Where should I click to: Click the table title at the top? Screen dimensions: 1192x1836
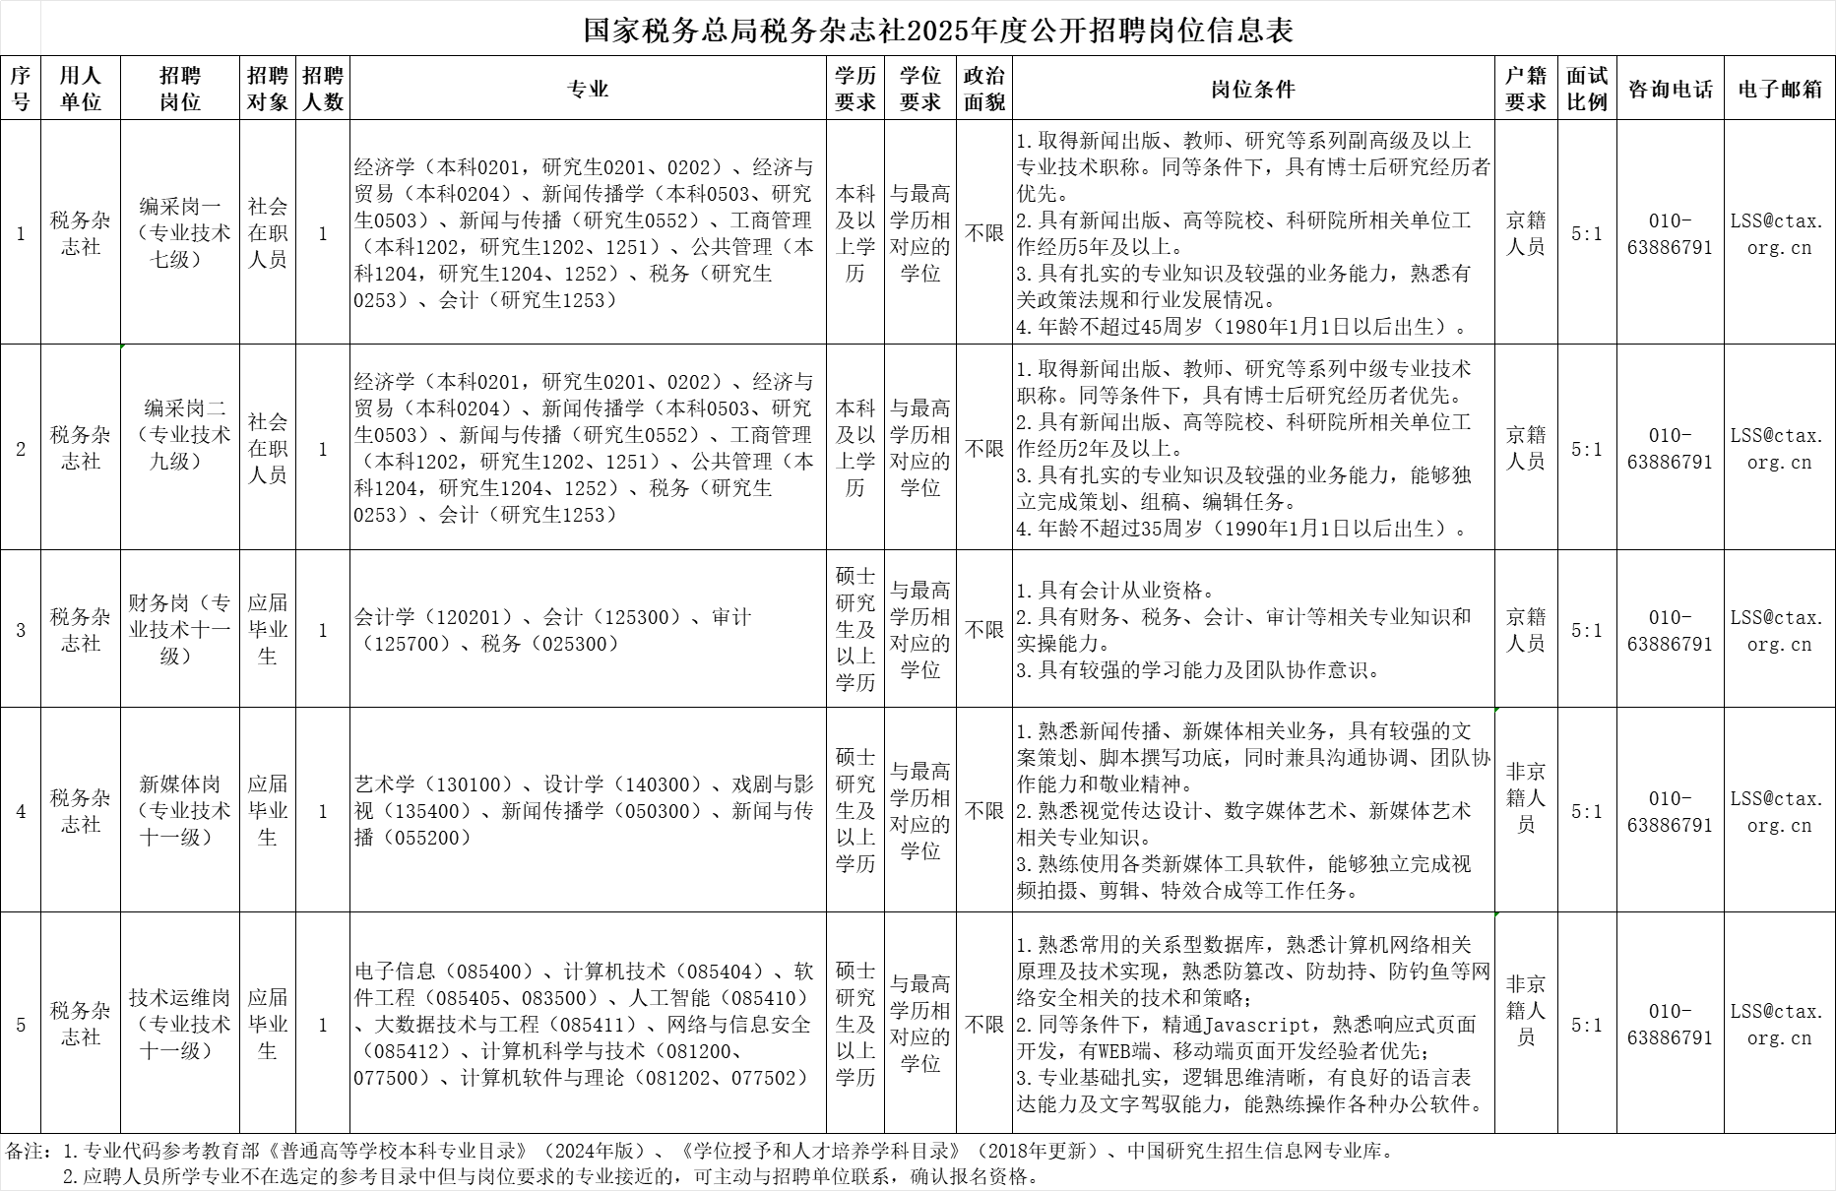pos(918,30)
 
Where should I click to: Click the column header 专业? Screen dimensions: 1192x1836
pos(588,89)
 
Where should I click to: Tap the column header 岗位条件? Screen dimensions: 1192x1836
pos(1252,89)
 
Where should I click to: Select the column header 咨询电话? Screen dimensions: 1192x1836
pos(1670,89)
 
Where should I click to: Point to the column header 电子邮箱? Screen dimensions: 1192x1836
pos(1779,89)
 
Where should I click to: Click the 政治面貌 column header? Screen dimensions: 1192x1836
pos(983,89)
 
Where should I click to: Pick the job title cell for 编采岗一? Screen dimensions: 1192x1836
pos(180,233)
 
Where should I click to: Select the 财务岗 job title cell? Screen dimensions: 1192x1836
pos(180,629)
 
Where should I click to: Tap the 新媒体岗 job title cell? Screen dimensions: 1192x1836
pos(180,810)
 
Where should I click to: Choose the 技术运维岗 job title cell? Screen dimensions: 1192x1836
pos(180,1024)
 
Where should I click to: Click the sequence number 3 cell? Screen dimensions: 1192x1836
pos(21,629)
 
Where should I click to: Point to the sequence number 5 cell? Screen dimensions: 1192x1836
pos(21,1025)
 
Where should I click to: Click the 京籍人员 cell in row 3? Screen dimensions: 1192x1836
pos(1525,630)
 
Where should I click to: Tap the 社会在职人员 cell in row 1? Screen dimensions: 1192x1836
pos(267,233)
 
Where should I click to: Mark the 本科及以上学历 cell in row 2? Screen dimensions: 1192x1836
pos(855,448)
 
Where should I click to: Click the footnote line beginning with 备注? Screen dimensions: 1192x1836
pos(699,1150)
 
